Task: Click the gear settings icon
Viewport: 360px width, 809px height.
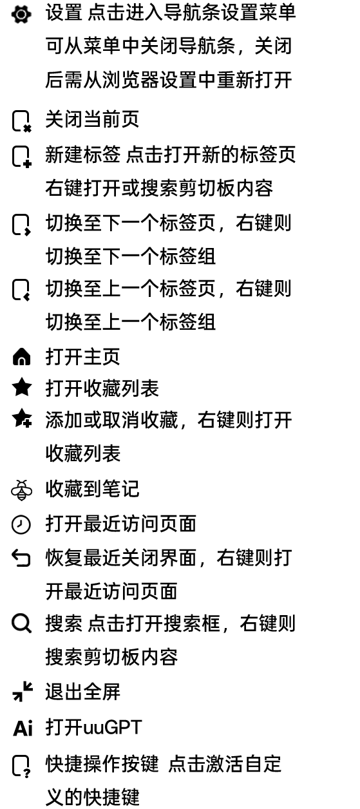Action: [x=21, y=14]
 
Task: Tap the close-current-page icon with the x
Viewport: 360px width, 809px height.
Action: [x=22, y=121]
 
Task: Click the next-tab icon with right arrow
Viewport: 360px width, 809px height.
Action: [x=22, y=225]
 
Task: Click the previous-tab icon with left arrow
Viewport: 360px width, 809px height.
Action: [x=22, y=290]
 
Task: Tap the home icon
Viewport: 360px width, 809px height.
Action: [x=22, y=357]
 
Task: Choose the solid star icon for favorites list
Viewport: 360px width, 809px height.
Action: [x=22, y=387]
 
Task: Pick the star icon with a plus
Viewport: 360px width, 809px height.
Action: [x=22, y=418]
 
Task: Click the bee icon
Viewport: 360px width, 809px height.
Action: [x=22, y=490]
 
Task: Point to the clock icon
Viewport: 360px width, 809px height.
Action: [x=21, y=524]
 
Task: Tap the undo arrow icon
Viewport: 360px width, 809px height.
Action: [x=21, y=558]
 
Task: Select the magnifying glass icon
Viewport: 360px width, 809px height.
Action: [x=22, y=624]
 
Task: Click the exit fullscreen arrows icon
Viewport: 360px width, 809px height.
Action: [x=23, y=691]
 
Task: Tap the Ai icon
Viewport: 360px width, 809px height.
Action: [x=23, y=728]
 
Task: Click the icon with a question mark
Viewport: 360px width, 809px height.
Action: [x=22, y=766]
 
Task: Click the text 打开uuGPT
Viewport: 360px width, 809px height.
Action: [x=93, y=727]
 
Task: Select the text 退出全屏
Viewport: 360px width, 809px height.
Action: [x=82, y=692]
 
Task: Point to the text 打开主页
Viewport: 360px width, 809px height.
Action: [x=82, y=357]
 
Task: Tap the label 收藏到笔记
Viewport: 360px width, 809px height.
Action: [x=92, y=489]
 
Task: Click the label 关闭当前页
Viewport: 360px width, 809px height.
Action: [x=92, y=119]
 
